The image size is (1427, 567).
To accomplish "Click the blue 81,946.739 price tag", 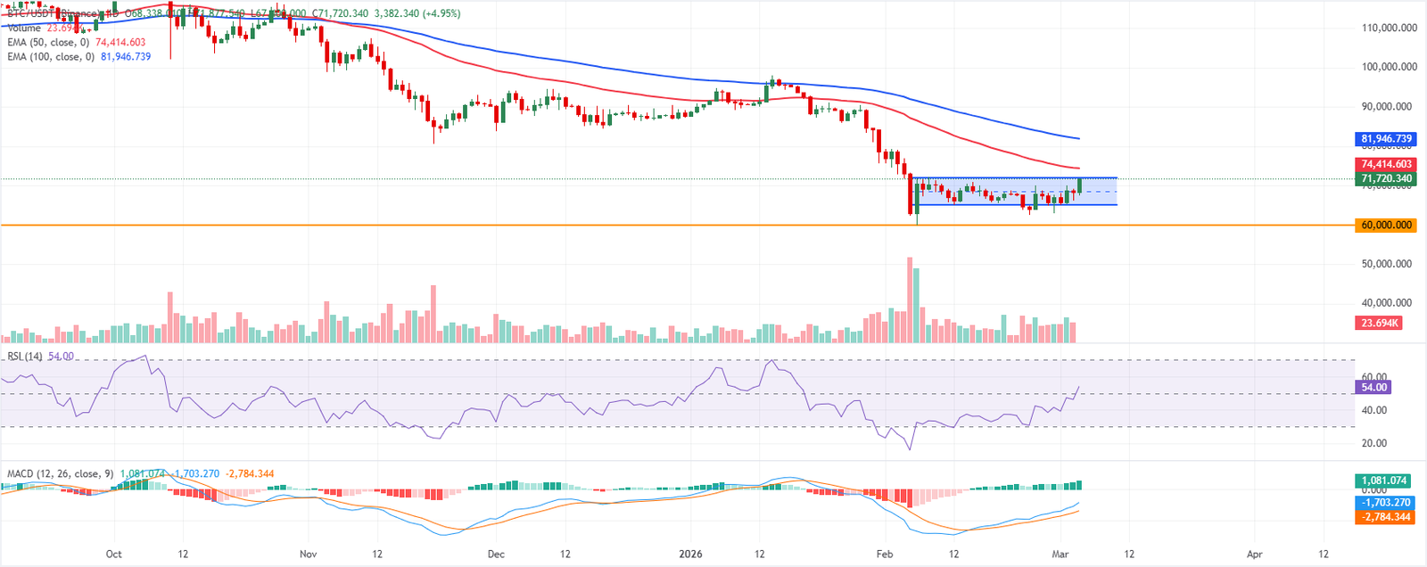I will click(1386, 139).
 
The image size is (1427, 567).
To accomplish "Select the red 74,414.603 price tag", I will click(1386, 164).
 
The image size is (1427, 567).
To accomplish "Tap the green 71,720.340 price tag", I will click(1386, 179).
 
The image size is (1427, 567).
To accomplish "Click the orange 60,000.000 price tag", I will click(1386, 226).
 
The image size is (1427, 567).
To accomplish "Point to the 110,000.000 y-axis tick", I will click(1389, 28).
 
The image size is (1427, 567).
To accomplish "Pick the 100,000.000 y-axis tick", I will click(1389, 67).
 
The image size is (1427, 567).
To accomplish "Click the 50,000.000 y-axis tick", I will click(1389, 264).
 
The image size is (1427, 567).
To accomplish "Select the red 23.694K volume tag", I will click(1379, 323).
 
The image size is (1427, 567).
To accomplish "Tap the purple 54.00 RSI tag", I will click(1373, 387).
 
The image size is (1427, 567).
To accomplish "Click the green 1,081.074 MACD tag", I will click(1385, 481).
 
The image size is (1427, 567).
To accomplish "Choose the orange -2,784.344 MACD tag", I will click(1385, 517).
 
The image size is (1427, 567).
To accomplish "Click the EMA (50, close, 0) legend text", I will click(48, 42).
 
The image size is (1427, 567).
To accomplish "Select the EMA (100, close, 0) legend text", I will click(51, 56).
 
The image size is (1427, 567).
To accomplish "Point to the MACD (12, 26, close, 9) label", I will click(60, 473).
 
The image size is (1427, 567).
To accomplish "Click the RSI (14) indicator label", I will click(25, 357).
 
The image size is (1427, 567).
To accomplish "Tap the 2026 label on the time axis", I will click(690, 554).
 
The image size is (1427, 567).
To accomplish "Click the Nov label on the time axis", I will click(308, 554).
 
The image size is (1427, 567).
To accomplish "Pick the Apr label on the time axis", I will click(1254, 554).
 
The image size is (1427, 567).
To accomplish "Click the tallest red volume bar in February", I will click(910, 300).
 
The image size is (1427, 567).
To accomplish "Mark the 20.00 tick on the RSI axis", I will click(1374, 443).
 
